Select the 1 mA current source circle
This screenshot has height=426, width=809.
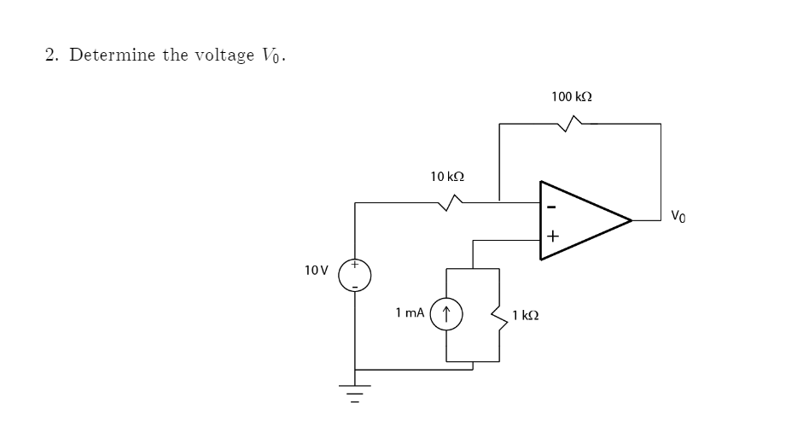[447, 314]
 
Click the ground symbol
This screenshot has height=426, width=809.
[355, 394]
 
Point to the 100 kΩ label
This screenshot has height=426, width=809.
[572, 97]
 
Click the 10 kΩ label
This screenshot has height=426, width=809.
[447, 177]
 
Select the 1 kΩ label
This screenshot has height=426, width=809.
[525, 315]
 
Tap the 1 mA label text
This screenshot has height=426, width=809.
[410, 314]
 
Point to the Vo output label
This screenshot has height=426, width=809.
[679, 215]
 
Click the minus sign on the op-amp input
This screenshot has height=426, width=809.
[551, 207]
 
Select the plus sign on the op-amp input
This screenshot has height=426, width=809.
[552, 236]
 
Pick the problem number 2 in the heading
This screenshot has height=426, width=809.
[51, 55]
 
